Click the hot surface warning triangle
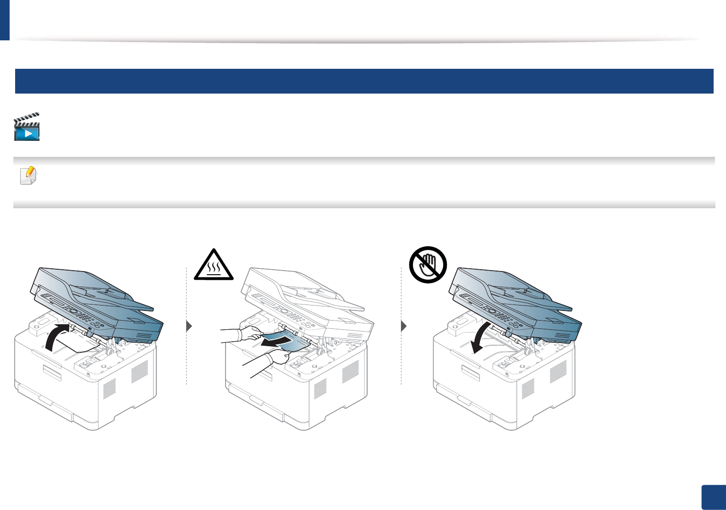point(214,265)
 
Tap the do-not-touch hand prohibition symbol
point(428,265)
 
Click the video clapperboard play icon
point(27,127)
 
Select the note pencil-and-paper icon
point(28,175)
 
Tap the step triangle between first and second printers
point(189,327)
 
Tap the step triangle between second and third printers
point(403,327)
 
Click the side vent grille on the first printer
point(139,371)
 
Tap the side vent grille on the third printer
point(558,371)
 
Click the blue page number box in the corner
point(714,497)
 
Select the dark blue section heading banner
point(364,81)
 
